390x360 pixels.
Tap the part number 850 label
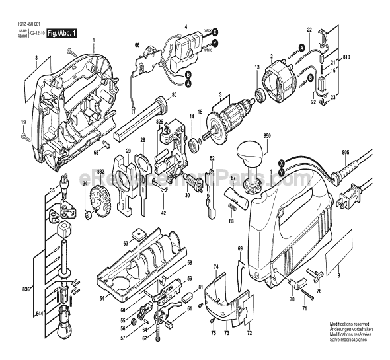(267, 136)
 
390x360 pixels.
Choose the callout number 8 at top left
(36, 59)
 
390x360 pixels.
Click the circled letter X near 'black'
(215, 31)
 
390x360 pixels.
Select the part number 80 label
(175, 95)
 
